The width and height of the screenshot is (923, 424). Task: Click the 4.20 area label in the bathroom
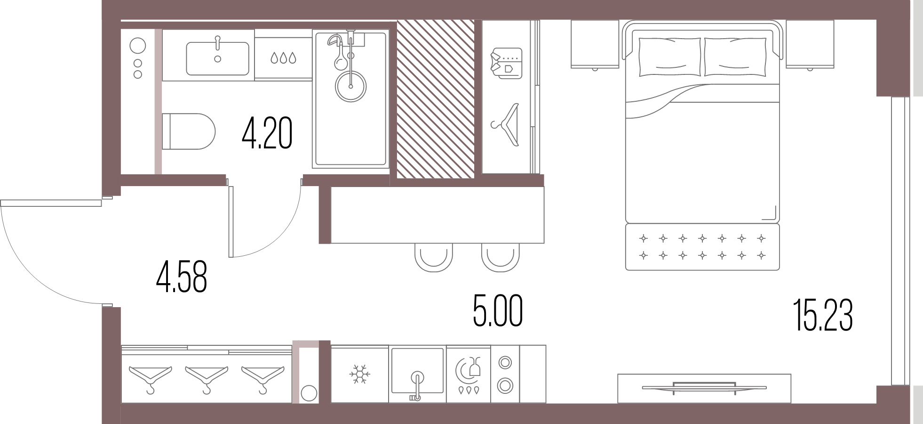pyautogui.click(x=267, y=134)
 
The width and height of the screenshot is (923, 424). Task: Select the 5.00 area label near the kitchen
pyautogui.click(x=498, y=311)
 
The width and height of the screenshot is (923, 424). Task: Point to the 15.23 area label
pyautogui.click(x=823, y=316)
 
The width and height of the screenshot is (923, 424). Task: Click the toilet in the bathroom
pyautogui.click(x=188, y=131)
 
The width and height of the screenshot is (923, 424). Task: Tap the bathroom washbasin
pyautogui.click(x=217, y=58)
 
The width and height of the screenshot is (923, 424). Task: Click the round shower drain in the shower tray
pyautogui.click(x=350, y=87)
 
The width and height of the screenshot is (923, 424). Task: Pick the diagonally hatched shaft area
pyautogui.click(x=436, y=99)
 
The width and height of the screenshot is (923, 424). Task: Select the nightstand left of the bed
pyautogui.click(x=595, y=44)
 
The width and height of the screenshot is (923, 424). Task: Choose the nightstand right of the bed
pyautogui.click(x=810, y=44)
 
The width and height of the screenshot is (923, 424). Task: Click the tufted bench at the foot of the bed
pyautogui.click(x=702, y=247)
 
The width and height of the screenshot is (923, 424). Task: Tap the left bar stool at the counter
pyautogui.click(x=434, y=257)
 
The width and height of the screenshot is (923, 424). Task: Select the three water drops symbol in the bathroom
pyautogui.click(x=283, y=58)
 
